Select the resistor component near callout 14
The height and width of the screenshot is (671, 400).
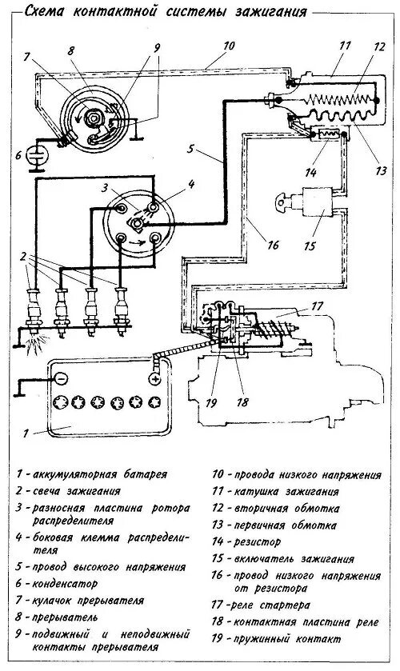(x=327, y=134)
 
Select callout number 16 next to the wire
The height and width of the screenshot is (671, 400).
(x=273, y=246)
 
